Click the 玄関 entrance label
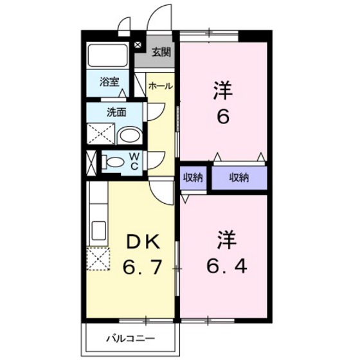[x=162, y=53]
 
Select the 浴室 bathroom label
[x=109, y=82]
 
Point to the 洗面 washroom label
[x=116, y=111]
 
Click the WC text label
[x=135, y=161]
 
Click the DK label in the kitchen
[x=141, y=241]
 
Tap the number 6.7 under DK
[x=141, y=264]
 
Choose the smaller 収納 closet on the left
[x=193, y=178]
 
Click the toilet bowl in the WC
[x=114, y=162]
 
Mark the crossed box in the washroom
[x=101, y=135]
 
